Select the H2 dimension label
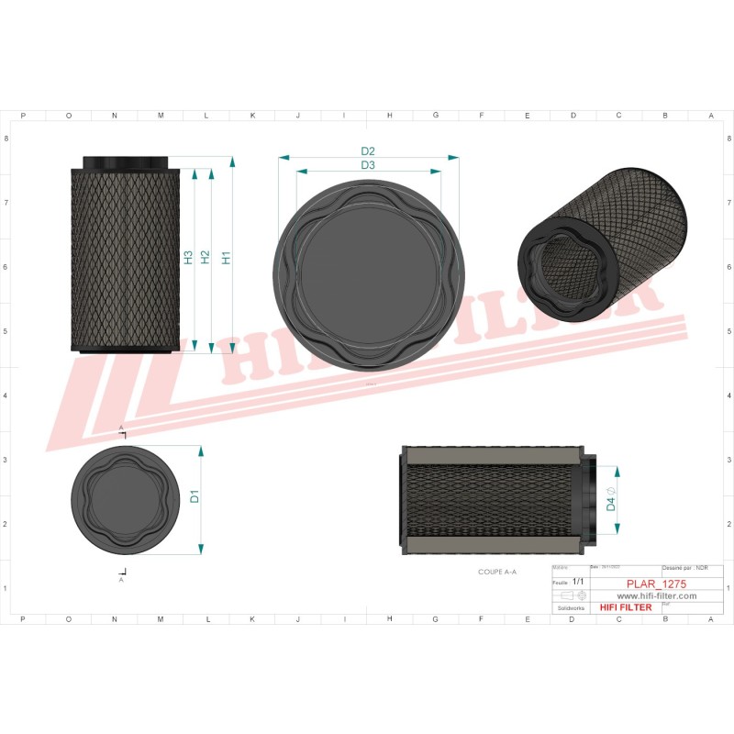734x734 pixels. tap(206, 257)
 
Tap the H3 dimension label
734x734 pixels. tap(188, 257)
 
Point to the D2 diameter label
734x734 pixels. tap(368, 151)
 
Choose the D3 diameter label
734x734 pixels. tap(368, 165)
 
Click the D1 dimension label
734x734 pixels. tap(195, 497)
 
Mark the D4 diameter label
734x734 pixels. tap(611, 501)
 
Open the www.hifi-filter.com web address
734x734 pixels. tap(650, 595)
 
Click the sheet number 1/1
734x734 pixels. tap(578, 582)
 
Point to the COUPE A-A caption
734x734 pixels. tap(497, 572)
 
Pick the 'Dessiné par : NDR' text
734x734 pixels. tap(684, 569)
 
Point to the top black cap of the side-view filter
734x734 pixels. tap(127, 162)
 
